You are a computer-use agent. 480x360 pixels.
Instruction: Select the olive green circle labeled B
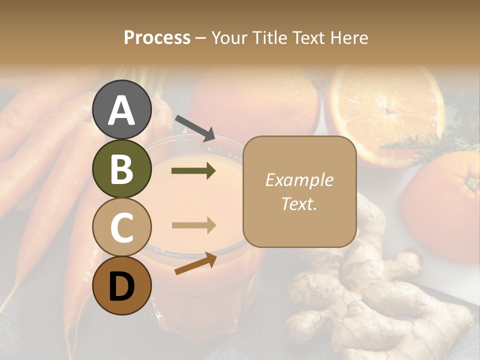point(122,168)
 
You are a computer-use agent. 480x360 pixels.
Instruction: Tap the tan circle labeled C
point(122,227)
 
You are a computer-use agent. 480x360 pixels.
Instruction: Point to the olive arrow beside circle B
point(193,171)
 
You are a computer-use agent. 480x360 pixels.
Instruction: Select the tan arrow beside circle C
point(193,225)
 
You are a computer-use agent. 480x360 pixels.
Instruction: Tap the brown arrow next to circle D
point(195,263)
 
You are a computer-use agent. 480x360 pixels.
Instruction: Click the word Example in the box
point(299,180)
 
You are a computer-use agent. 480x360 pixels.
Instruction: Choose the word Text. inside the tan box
point(299,203)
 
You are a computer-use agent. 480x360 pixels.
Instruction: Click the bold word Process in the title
point(157,37)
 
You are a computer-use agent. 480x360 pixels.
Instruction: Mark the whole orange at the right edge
point(445,205)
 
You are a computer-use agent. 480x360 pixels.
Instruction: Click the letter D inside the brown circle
point(122,286)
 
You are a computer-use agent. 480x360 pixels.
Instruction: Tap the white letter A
point(122,110)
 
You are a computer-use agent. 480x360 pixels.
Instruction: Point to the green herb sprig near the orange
point(425,145)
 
